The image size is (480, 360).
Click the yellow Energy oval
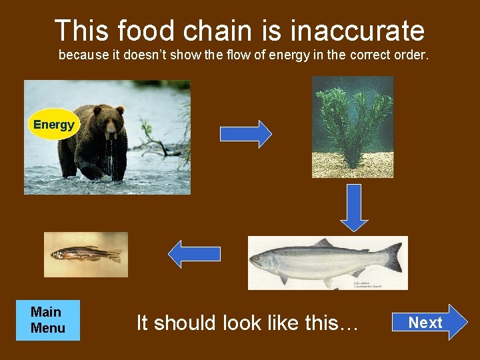point(54,124)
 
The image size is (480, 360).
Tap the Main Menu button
point(48,320)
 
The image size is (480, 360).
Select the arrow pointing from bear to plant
point(245,134)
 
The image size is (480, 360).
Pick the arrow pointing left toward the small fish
point(194,254)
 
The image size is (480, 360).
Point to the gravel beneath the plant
point(353,164)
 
